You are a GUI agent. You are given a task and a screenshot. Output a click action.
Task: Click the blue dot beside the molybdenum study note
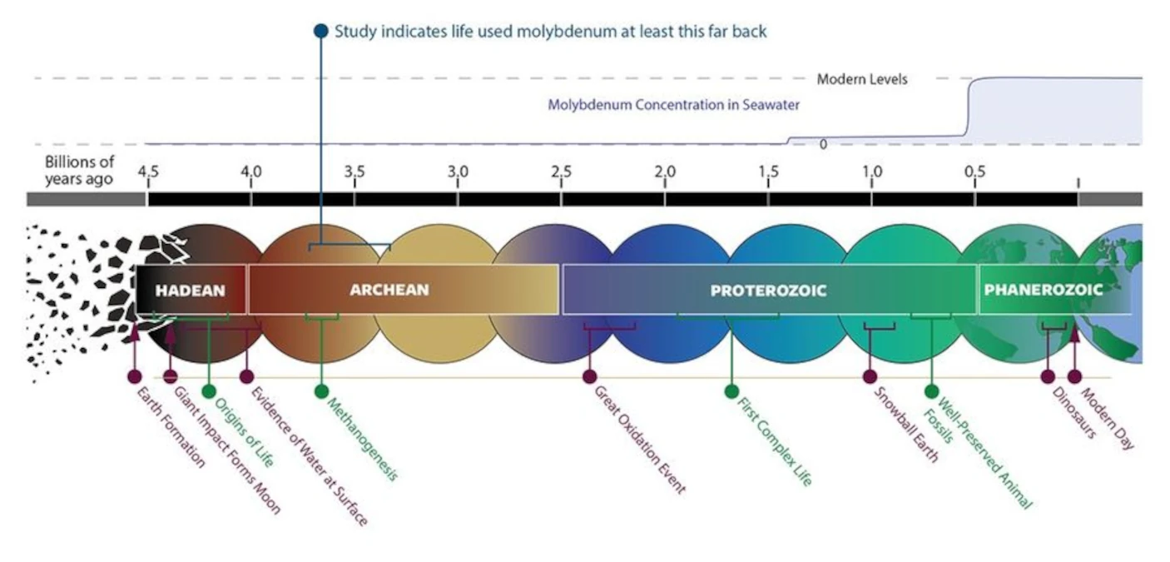tap(320, 31)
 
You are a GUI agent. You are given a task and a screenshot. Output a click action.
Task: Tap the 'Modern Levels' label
tap(862, 79)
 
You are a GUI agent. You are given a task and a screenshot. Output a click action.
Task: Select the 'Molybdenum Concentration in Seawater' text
tap(673, 105)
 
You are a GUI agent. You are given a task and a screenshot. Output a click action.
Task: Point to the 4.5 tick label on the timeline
tap(148, 172)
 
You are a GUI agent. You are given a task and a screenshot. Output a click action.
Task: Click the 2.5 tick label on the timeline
tap(562, 172)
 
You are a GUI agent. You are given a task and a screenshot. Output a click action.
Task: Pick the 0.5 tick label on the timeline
tap(974, 172)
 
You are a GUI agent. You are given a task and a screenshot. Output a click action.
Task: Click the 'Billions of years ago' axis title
tap(79, 170)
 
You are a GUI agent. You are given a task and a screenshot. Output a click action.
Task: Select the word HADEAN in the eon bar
tap(190, 291)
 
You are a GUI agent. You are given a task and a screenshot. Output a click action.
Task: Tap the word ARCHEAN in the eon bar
tap(389, 290)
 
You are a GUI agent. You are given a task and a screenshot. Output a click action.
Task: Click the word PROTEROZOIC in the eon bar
tap(768, 291)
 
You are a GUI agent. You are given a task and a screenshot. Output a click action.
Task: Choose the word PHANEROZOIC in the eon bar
tap(1043, 290)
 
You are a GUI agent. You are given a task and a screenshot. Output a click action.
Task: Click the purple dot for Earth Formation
tap(135, 376)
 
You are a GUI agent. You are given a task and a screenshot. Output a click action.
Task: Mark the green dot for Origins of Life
tap(208, 391)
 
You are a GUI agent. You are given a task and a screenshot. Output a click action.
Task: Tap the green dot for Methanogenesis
tap(321, 391)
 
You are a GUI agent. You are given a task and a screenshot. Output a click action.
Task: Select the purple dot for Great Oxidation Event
tap(590, 376)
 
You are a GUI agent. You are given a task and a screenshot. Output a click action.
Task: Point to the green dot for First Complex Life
tap(731, 391)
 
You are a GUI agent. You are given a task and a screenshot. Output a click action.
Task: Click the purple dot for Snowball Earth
tap(870, 376)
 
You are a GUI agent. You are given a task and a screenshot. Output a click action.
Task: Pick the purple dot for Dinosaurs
tap(1047, 376)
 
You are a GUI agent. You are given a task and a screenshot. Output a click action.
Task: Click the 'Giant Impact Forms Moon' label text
tap(227, 450)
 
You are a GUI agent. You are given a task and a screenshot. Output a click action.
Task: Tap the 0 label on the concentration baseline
tap(823, 144)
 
